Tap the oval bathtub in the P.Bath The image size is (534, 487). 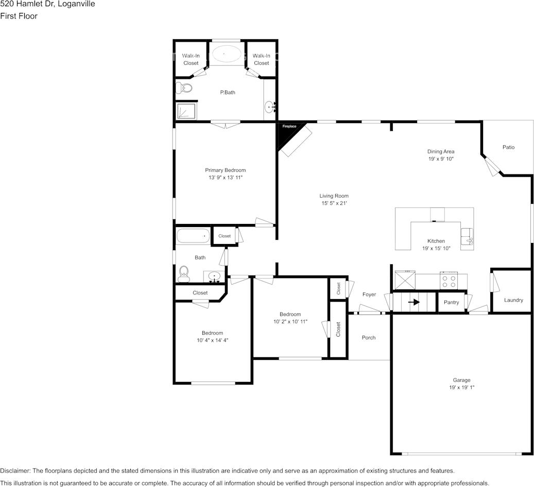click(x=224, y=54)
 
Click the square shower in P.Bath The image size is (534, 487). click(x=185, y=111)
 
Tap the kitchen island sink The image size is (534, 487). click(x=468, y=237)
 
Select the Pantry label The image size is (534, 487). click(x=451, y=302)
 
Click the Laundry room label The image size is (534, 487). click(x=513, y=300)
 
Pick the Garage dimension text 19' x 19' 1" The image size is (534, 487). click(x=461, y=388)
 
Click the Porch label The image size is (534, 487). click(x=369, y=338)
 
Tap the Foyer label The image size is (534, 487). click(x=369, y=294)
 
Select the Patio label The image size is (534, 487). click(x=508, y=147)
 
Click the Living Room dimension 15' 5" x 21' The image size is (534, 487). click(x=334, y=203)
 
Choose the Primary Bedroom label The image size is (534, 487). click(x=225, y=170)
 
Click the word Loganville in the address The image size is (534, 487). click(x=77, y=4)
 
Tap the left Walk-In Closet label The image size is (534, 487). click(x=191, y=59)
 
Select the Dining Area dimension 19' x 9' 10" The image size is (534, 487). click(x=440, y=159)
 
